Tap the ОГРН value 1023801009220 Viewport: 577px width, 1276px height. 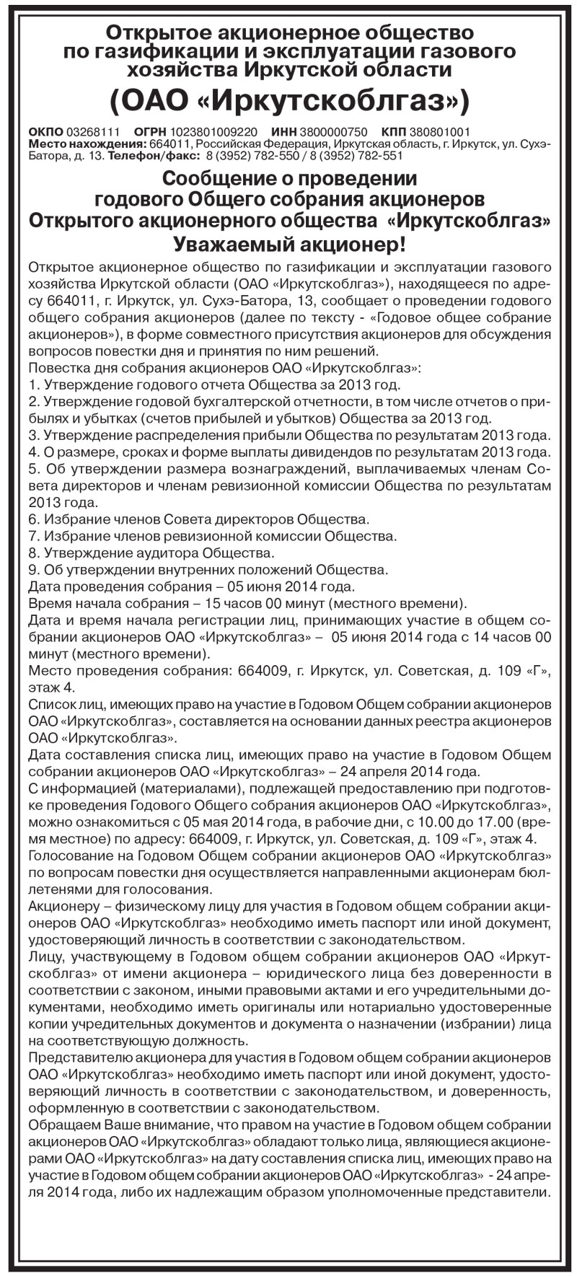coord(213,132)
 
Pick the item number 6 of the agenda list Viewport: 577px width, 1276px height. coord(33,519)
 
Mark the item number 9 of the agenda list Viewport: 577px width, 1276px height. coord(33,570)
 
